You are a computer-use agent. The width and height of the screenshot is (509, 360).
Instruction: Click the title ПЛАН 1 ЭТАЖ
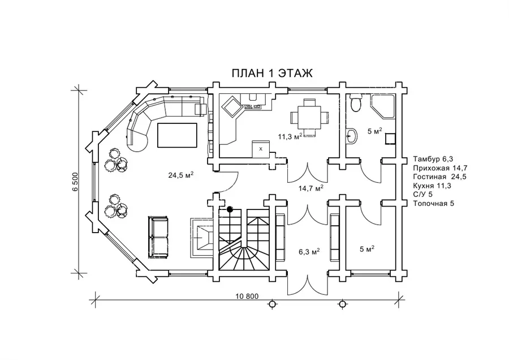(273, 74)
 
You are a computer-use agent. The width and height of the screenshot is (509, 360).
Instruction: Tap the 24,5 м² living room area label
(181, 175)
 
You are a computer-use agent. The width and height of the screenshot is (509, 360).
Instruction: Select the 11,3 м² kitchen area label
(291, 136)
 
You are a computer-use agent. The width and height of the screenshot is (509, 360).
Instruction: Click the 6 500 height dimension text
(74, 181)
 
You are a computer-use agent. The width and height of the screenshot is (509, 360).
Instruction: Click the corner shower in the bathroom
(382, 106)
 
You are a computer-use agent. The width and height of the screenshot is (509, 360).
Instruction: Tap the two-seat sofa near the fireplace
(158, 237)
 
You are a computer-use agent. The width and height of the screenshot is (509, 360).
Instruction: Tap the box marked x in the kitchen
(261, 148)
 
